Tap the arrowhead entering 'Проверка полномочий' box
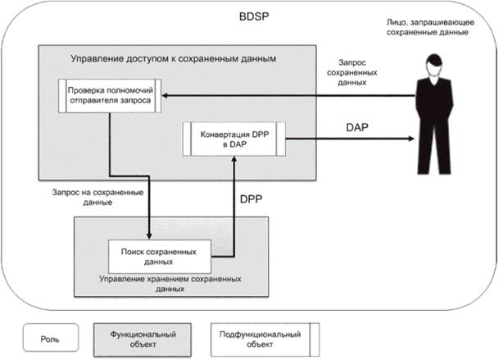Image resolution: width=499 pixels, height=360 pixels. click(x=162, y=96)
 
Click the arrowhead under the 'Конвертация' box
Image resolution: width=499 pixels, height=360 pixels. click(x=234, y=160)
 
